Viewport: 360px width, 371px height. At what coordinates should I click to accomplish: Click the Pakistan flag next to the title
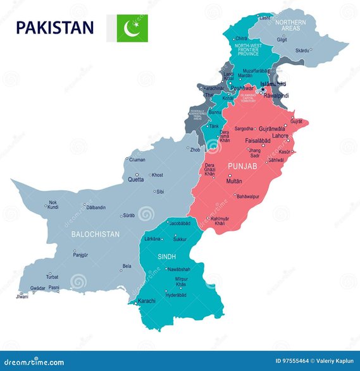coord(132,28)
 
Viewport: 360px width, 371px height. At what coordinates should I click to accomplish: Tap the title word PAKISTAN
coord(55,28)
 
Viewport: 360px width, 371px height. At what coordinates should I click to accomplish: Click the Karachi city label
coord(147,301)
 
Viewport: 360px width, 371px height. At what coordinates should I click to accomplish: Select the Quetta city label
coord(136,179)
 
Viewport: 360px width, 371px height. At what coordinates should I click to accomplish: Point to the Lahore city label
coord(280,136)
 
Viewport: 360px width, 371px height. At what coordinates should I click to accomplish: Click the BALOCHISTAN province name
coord(95,234)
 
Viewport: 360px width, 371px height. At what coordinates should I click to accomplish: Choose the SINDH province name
coord(168,257)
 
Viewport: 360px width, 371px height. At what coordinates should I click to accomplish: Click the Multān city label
coord(234,181)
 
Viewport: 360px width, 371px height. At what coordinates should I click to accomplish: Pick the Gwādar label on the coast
coord(38,288)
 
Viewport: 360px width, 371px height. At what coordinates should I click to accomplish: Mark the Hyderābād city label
coord(176,295)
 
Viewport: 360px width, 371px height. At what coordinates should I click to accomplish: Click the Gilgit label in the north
coord(282,39)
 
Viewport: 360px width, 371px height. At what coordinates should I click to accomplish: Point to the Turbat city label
coord(53,277)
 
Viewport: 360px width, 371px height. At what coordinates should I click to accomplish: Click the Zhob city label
coord(195,150)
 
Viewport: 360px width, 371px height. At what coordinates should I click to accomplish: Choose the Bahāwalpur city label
coord(249,197)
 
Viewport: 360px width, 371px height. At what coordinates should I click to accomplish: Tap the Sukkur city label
coord(180,240)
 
